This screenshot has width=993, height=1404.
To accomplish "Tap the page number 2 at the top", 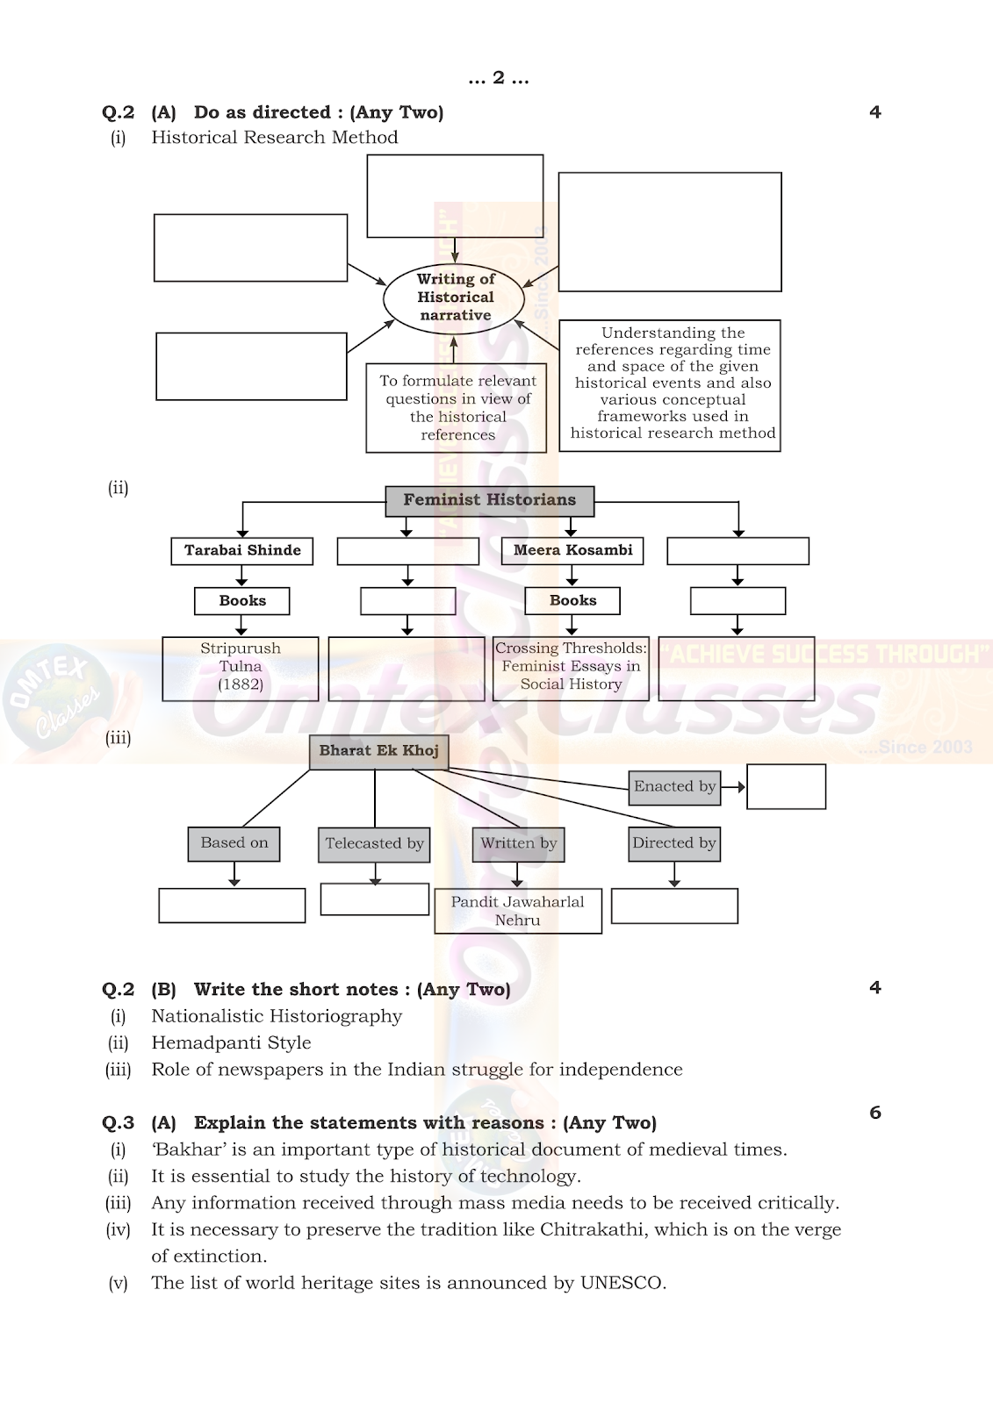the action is click(x=499, y=78).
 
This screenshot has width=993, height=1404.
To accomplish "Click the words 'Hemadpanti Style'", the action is click(x=232, y=1042).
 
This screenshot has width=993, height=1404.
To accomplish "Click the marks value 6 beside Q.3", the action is click(x=875, y=1113).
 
